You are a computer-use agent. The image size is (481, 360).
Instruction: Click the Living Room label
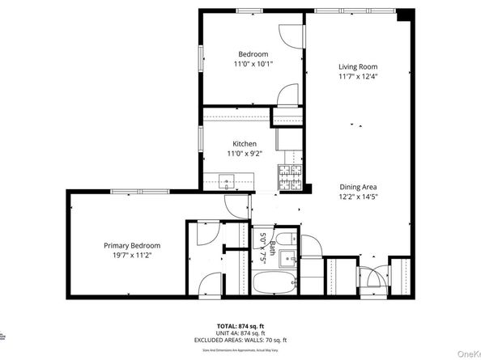point(357,66)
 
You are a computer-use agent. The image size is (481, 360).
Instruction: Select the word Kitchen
point(245,143)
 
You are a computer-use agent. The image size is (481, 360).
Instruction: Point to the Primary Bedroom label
point(131,245)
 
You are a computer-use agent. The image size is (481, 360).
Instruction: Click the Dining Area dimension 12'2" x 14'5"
point(357,196)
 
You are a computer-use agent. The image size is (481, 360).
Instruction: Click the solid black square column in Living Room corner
point(402,15)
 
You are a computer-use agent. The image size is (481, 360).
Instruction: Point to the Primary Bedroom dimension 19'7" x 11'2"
point(131,254)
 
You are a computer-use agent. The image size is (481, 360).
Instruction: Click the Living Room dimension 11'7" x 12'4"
point(357,76)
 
